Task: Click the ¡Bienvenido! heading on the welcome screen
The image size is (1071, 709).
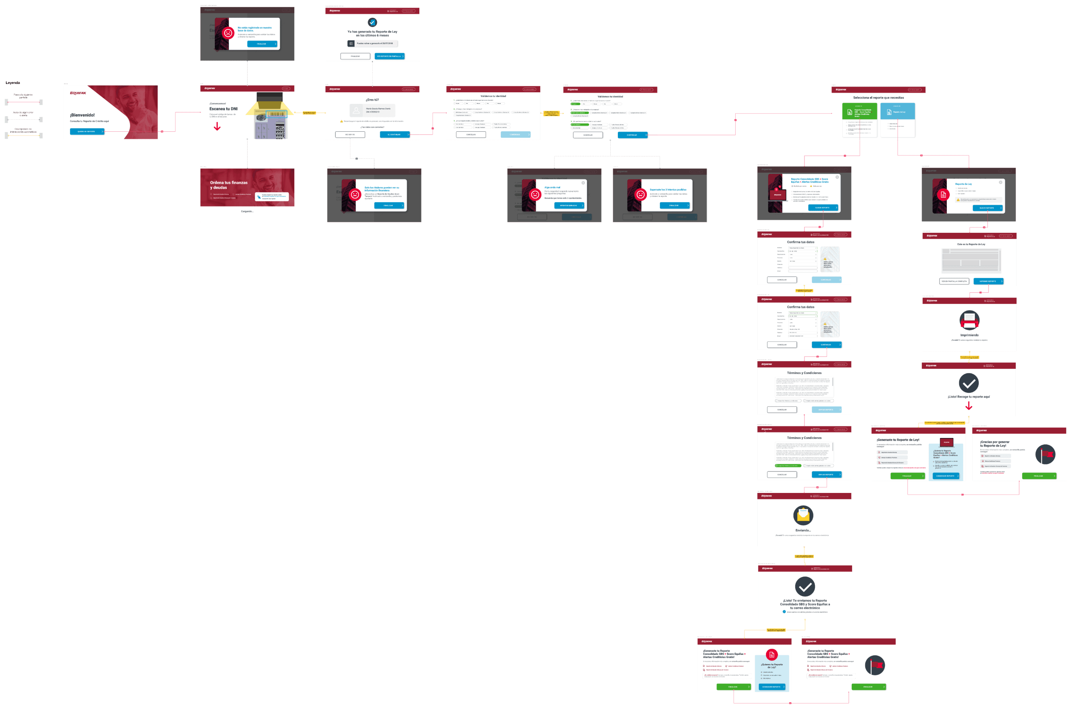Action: point(82,115)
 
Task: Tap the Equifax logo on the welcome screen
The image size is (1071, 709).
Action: point(78,93)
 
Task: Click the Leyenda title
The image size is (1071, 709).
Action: point(13,83)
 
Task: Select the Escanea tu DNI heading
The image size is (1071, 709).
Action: point(223,109)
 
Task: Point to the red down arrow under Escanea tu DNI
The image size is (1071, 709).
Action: point(217,127)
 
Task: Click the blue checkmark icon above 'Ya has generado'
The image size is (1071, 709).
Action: point(372,22)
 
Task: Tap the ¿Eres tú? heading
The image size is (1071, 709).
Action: point(372,100)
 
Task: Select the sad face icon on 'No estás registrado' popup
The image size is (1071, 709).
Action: point(228,33)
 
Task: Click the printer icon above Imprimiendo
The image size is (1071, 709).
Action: point(969,320)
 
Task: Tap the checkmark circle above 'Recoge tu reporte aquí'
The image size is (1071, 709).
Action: point(969,383)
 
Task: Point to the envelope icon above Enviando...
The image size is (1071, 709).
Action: point(803,515)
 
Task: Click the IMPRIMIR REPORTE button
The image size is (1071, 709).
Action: point(988,281)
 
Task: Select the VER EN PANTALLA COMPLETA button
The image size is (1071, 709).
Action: point(954,281)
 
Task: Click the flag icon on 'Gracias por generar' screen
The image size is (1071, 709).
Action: point(1045,454)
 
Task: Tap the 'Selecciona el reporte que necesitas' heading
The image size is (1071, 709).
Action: point(878,97)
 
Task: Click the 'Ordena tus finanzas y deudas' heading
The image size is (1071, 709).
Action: point(229,185)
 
